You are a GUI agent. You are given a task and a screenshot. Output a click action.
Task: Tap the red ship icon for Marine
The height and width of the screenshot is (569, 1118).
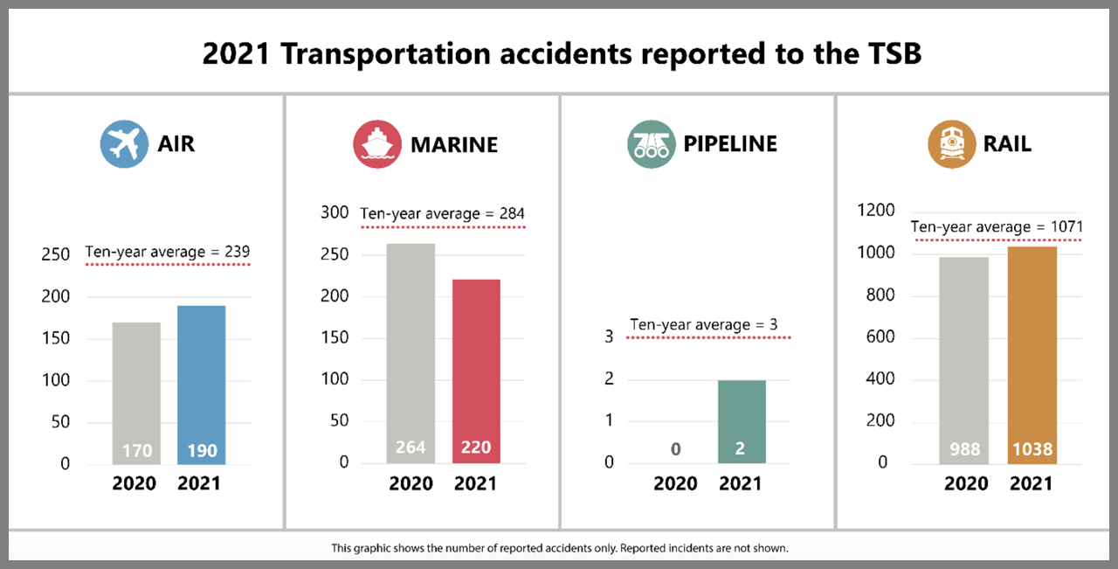click(377, 143)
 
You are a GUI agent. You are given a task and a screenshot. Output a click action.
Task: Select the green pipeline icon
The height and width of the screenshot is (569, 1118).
click(652, 143)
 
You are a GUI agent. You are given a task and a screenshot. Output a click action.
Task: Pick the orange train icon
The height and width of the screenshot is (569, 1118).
click(951, 143)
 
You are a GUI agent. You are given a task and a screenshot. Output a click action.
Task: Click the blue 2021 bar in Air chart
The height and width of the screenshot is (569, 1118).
click(201, 385)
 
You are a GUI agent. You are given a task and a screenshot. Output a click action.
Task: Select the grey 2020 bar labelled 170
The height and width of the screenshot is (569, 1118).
click(136, 393)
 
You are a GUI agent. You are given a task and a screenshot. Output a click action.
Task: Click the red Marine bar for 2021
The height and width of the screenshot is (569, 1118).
click(475, 371)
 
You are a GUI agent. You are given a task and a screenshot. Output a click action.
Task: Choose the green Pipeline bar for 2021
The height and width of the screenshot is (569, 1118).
click(741, 421)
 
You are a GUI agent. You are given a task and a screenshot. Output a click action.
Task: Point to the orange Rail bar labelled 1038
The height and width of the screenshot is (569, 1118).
click(1032, 355)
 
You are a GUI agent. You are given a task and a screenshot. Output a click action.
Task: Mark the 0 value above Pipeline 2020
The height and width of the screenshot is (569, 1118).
click(675, 449)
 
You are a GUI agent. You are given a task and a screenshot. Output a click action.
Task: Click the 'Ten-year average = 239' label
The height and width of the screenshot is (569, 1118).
click(168, 253)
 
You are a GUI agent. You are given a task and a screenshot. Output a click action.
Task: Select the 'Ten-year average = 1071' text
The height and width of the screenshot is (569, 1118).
click(996, 227)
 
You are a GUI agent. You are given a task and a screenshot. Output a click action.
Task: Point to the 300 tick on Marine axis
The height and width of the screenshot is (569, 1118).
click(334, 212)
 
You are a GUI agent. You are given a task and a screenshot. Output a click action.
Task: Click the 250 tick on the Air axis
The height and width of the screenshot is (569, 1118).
click(55, 255)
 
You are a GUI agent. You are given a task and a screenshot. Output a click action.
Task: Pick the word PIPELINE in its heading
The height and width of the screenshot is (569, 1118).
click(730, 143)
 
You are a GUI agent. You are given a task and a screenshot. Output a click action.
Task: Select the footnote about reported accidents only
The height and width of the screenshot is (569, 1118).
click(559, 549)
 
